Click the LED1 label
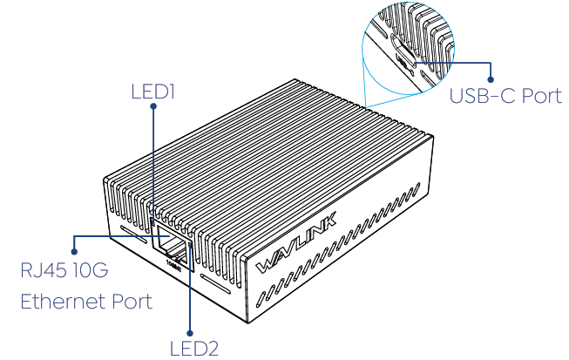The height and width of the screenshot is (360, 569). coord(152,90)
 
